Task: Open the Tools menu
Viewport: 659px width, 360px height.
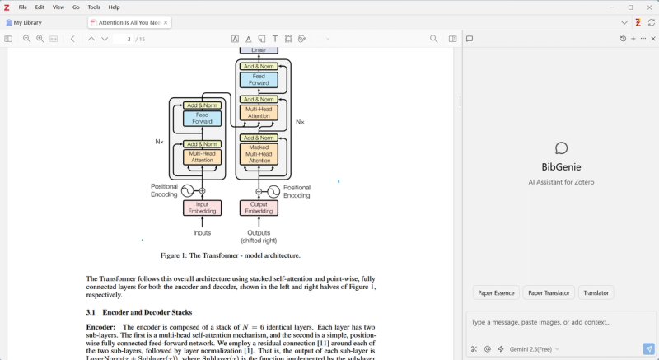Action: [94, 7]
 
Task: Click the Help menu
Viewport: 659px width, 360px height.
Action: [114, 7]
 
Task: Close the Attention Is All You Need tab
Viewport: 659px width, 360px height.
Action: [166, 22]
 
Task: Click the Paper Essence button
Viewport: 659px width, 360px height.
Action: [497, 292]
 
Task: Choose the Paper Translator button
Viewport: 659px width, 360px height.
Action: [549, 292]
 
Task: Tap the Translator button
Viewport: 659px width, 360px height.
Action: [596, 292]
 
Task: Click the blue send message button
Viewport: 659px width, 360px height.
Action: [648, 348]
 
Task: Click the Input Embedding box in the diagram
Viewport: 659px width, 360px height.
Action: [202, 208]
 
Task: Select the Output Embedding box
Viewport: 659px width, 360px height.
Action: [259, 208]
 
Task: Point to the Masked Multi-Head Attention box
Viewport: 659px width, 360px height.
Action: [259, 154]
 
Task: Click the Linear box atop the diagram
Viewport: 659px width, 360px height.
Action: [259, 49]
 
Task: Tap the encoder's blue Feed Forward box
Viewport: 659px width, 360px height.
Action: [202, 118]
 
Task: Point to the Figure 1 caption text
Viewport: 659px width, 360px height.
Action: [230, 255]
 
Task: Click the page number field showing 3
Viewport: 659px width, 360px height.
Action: [129, 39]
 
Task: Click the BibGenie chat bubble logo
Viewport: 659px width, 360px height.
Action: [561, 148]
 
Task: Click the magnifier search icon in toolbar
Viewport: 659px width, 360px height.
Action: [434, 39]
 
